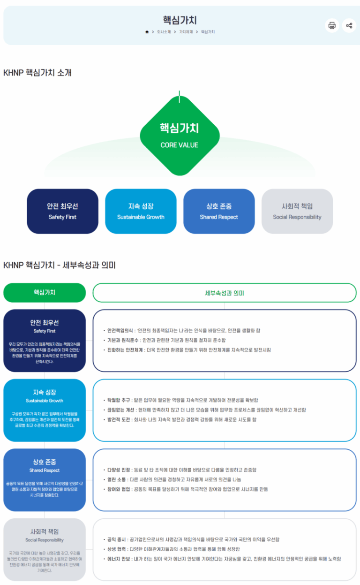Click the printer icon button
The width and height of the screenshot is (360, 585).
coord(332,25)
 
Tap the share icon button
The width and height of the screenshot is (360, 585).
coord(349,25)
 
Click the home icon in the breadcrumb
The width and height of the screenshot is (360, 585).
coord(147,32)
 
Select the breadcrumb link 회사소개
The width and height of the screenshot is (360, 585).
coord(164,32)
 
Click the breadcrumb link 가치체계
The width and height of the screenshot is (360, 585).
coord(186,32)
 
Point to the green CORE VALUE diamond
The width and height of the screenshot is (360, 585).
coord(180,135)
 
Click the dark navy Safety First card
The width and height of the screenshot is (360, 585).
coord(62,211)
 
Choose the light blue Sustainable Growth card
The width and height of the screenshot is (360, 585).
coord(141,211)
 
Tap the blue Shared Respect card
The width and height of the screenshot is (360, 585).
coord(219,211)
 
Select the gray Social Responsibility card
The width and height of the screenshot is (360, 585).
coord(297,211)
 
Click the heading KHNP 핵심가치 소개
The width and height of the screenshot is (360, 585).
coord(37,73)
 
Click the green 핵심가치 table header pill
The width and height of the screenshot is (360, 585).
coord(45,292)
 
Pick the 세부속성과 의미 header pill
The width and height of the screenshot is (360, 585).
coord(225,293)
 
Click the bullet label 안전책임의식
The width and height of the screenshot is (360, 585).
coord(120,330)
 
